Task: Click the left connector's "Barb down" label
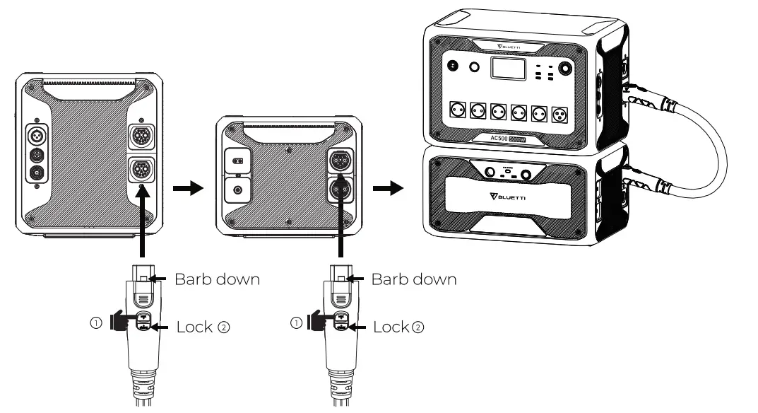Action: click(x=217, y=279)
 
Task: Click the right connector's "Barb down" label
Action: click(x=414, y=279)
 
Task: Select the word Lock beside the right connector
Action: click(x=391, y=327)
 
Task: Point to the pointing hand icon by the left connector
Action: click(x=118, y=323)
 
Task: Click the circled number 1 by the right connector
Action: click(x=295, y=323)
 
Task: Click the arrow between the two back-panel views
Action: click(x=185, y=189)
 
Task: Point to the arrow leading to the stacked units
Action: click(x=389, y=189)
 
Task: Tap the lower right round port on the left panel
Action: click(x=138, y=169)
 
